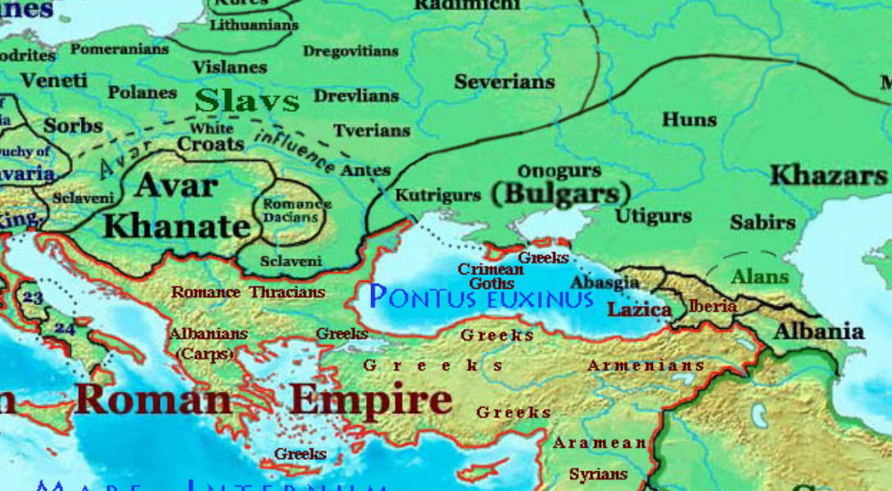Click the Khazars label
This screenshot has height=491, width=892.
click(x=828, y=175)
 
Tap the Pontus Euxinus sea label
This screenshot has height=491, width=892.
click(x=482, y=296)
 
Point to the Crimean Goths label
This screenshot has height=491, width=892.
click(x=491, y=276)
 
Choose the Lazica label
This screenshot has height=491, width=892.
click(x=639, y=309)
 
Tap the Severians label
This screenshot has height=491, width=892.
click(x=505, y=82)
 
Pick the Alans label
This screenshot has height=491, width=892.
click(x=759, y=277)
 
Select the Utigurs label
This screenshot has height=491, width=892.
click(x=653, y=216)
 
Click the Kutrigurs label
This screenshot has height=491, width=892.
click(x=437, y=196)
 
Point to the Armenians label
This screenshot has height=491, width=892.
click(x=645, y=365)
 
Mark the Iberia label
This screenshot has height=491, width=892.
click(x=713, y=306)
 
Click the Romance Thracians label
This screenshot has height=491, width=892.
click(x=247, y=292)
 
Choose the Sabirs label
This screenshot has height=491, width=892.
click(x=762, y=222)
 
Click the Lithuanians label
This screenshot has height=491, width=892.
click(x=254, y=25)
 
